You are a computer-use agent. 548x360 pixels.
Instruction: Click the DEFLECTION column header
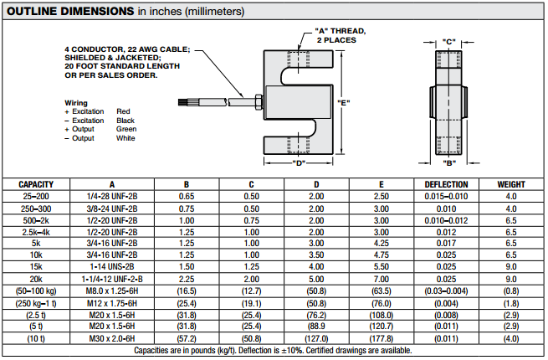pyautogui.click(x=446, y=184)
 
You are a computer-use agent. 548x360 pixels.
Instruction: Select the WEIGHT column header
pyautogui.click(x=511, y=184)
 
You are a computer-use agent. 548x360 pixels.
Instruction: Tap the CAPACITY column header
pyautogui.click(x=37, y=184)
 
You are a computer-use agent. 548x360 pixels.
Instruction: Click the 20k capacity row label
pyautogui.click(x=37, y=278)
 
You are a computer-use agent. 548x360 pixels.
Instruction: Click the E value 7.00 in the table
pyautogui.click(x=381, y=278)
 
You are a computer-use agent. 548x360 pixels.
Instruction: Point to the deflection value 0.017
pyautogui.click(x=446, y=243)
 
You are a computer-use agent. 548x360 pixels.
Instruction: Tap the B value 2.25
pyautogui.click(x=187, y=278)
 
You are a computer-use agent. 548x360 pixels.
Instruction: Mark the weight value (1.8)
pyautogui.click(x=511, y=301)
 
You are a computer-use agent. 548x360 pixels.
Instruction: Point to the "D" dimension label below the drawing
pyautogui.click(x=300, y=162)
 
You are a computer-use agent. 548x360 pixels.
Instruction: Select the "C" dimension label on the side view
pyautogui.click(x=448, y=41)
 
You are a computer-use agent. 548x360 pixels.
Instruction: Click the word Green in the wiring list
pyautogui.click(x=126, y=130)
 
